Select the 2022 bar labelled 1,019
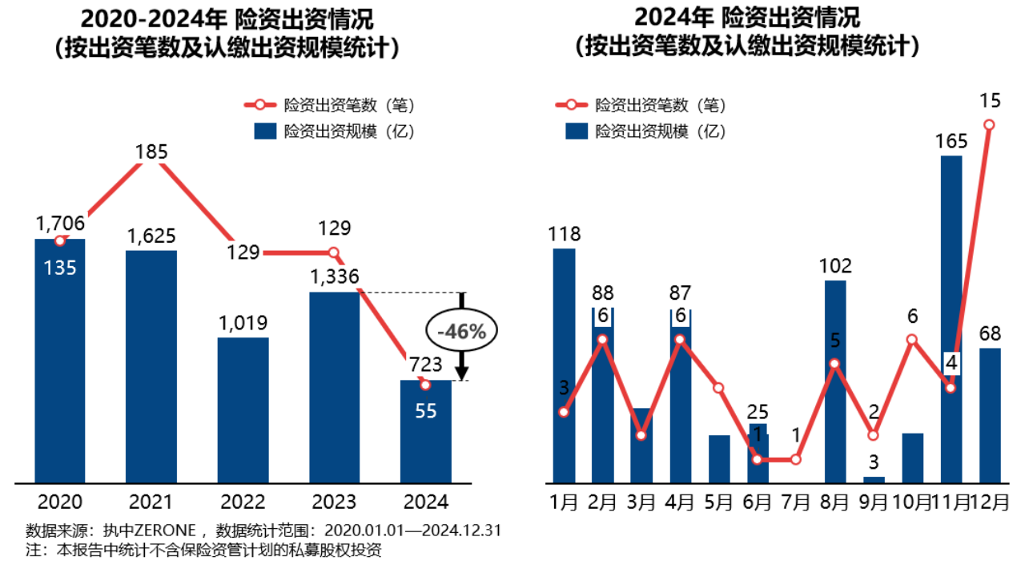pos(243,410)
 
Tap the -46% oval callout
pos(461,331)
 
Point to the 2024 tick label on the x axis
pos(425,502)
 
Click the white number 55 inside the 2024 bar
pos(425,411)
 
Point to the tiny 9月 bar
pos(874,479)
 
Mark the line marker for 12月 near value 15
pos(990,124)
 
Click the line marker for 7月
pos(796,459)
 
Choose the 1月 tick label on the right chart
pos(565,502)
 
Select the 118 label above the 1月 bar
pos(565,235)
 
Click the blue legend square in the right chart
pos(577,131)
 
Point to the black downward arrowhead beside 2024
pos(462,373)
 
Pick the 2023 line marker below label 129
pos(335,253)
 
